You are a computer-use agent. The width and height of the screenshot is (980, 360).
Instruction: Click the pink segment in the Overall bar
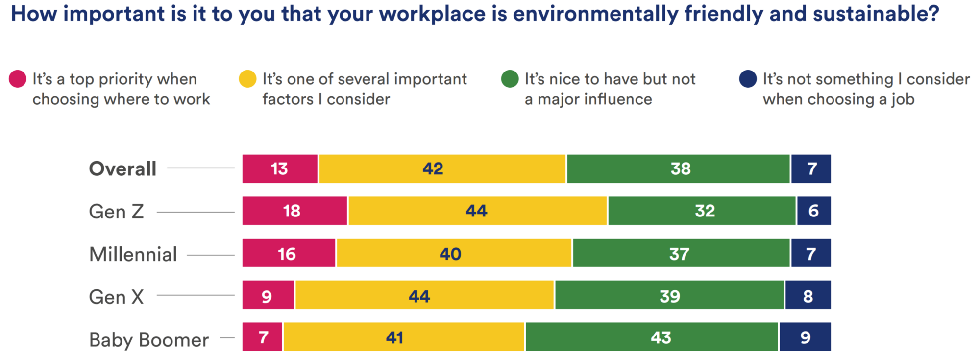pyautogui.click(x=280, y=169)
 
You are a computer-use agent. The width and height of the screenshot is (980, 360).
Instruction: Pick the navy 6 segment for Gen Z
pyautogui.click(x=814, y=211)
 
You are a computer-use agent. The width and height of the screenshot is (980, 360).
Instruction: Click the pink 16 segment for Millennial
pyautogui.click(x=289, y=253)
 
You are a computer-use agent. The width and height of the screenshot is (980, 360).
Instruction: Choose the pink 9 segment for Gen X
pyautogui.click(x=268, y=295)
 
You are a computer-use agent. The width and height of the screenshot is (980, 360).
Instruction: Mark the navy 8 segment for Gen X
pyautogui.click(x=808, y=295)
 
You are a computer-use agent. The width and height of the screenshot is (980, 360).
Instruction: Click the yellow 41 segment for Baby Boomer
pyautogui.click(x=404, y=337)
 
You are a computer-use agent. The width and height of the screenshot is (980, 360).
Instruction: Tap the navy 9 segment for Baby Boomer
pyautogui.click(x=805, y=337)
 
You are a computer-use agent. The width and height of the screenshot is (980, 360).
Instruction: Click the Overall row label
pyautogui.click(x=122, y=169)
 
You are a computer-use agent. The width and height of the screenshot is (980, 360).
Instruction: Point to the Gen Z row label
pyautogui.click(x=116, y=212)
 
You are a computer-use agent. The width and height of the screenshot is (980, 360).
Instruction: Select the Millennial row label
pyautogui.click(x=133, y=254)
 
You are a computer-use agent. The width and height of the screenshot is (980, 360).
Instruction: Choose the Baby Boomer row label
pyautogui.click(x=148, y=339)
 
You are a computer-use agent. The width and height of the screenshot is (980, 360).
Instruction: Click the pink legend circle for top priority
pyautogui.click(x=18, y=79)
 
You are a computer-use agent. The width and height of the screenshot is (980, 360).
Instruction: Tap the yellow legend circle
pyautogui.click(x=247, y=79)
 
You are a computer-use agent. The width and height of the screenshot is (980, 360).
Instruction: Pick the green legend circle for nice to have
pyautogui.click(x=510, y=79)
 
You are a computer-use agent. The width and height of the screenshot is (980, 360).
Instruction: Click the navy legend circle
pyautogui.click(x=748, y=79)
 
